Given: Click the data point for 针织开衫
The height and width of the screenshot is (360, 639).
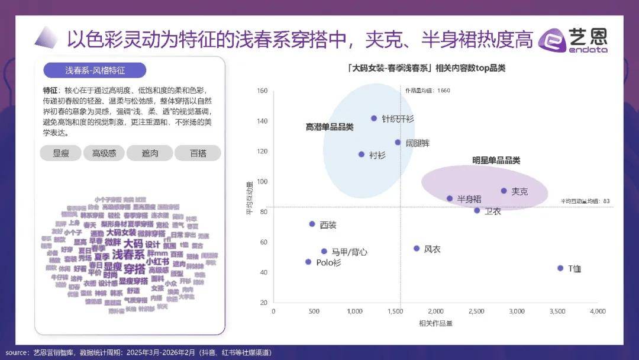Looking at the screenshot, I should click(374, 118).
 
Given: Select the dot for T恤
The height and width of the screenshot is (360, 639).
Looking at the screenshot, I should click(560, 268).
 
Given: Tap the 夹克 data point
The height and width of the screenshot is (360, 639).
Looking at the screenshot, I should click(504, 191).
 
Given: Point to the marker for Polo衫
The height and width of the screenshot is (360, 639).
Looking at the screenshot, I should click(308, 262).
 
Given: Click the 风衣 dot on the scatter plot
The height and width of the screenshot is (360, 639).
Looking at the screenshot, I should click(417, 249).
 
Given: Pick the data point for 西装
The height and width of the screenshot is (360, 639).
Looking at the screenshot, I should click(312, 224).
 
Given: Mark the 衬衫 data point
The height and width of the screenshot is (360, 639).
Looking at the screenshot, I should click(362, 155).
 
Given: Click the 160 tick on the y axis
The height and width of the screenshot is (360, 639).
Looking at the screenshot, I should click(263, 91).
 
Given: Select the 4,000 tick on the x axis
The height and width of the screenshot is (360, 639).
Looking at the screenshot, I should click(598, 311).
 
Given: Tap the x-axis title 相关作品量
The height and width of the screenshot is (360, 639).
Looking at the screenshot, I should click(435, 323).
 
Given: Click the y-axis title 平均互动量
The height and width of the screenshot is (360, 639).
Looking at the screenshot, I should click(249, 198).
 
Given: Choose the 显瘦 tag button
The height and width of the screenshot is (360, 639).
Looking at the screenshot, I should click(61, 153).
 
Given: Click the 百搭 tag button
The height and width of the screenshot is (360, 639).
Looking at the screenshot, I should click(198, 153).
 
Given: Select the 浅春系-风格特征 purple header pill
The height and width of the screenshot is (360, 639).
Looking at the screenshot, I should click(95, 70).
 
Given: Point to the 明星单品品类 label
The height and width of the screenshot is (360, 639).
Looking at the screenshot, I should click(496, 160).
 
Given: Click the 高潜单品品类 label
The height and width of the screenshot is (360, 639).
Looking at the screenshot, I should click(330, 127).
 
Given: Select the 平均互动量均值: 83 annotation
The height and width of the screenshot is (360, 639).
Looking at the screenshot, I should click(585, 201).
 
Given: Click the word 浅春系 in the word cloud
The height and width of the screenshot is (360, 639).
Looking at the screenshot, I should click(128, 255).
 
